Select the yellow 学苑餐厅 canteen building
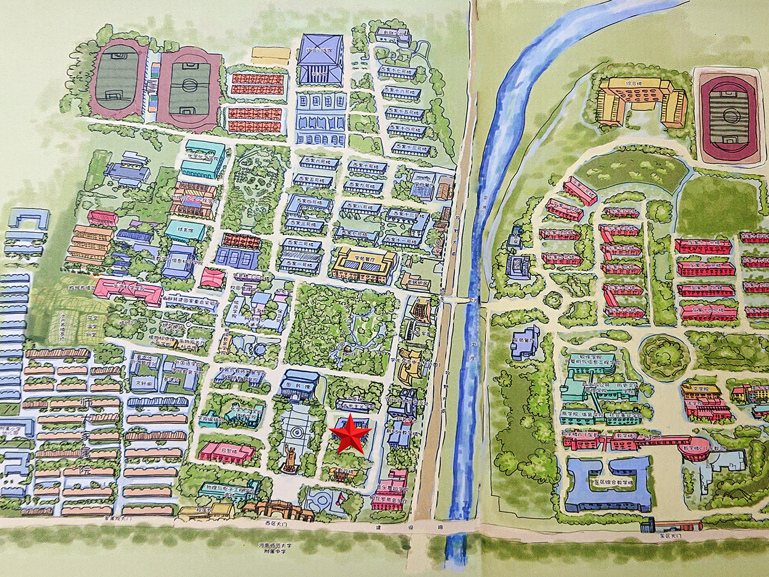364,264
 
